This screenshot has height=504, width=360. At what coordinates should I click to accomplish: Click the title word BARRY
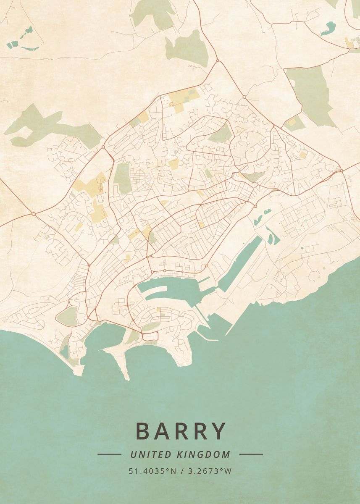(x=181, y=431)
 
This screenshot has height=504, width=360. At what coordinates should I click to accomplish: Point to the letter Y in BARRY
(x=218, y=431)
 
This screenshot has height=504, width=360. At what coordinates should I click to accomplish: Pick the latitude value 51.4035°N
(x=152, y=471)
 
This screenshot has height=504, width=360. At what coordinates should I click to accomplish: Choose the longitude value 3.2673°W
(x=209, y=471)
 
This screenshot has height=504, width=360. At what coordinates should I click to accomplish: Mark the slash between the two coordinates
(x=181, y=471)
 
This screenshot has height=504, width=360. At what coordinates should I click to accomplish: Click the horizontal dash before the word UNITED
(x=109, y=454)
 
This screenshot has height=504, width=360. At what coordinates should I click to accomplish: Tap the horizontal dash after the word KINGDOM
(x=251, y=454)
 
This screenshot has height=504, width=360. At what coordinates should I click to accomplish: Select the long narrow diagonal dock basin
(x=239, y=263)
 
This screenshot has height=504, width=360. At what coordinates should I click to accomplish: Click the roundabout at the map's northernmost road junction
(x=218, y=61)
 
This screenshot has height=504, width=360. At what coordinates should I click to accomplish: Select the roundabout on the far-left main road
(x=34, y=214)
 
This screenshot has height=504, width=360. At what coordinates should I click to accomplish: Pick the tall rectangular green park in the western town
(x=122, y=178)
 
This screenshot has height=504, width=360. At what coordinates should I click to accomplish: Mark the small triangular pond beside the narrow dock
(x=273, y=236)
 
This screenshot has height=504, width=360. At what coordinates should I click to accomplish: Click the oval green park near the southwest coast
(x=68, y=316)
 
